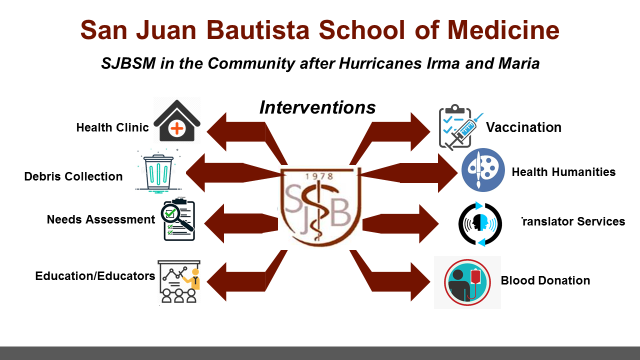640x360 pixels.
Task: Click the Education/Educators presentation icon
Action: (180, 279)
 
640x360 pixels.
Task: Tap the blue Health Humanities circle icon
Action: (483, 171)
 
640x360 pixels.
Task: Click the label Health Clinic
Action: (112, 127)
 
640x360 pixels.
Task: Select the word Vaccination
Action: (524, 127)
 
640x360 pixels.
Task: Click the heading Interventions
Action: (317, 106)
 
